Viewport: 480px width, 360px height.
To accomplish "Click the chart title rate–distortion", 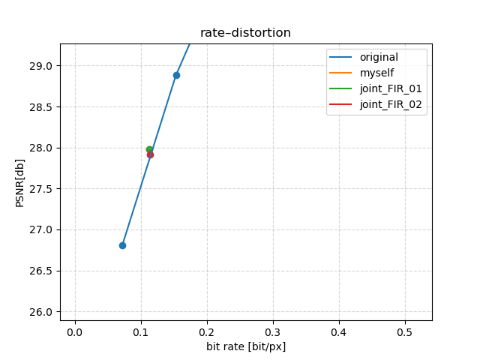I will [245, 33].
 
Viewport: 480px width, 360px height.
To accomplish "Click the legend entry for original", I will [379, 57].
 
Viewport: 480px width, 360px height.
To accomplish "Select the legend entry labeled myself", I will [376, 73].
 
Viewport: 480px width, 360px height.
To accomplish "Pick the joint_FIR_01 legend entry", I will [390, 88].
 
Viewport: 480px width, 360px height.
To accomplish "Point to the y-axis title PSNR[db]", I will [20, 181].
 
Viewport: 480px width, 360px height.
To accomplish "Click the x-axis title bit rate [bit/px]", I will [245, 346].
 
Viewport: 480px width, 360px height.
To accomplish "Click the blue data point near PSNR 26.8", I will [122, 245].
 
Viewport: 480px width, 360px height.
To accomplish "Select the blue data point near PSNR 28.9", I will [176, 75].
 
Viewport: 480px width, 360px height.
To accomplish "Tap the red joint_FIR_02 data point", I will [151, 154].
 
